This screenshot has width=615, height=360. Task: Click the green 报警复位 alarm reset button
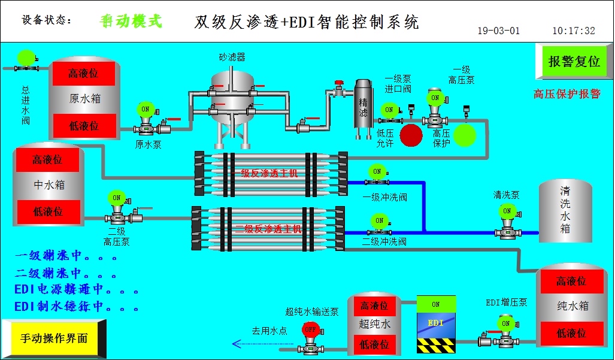pyautogui.click(x=574, y=62)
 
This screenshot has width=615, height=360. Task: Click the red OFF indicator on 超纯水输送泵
pyautogui.click(x=310, y=329)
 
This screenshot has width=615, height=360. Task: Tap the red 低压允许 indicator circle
pyautogui.click(x=411, y=135)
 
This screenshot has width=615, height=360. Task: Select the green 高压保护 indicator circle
pyautogui.click(x=465, y=135)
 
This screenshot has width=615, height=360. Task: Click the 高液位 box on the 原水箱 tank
pyautogui.click(x=83, y=74)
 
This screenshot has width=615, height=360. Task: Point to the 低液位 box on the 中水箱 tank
pyautogui.click(x=47, y=211)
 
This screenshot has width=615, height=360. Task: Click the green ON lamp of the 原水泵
pyautogui.click(x=145, y=109)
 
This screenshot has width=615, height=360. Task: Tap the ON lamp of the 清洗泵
pyautogui.click(x=507, y=211)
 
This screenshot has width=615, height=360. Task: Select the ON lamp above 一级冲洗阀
pyautogui.click(x=377, y=171)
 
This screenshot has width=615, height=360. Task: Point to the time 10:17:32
pyautogui.click(x=573, y=31)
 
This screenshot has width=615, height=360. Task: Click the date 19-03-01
pyautogui.click(x=498, y=31)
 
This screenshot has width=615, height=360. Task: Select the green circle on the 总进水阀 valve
pyautogui.click(x=26, y=57)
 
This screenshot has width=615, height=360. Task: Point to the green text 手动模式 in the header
pyautogui.click(x=131, y=21)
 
